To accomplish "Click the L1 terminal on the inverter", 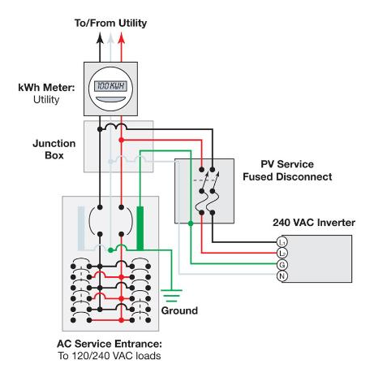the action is [282, 242].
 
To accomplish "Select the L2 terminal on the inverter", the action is [282, 254].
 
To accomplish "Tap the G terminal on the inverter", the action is [282, 265].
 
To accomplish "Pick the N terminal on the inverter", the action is [282, 276].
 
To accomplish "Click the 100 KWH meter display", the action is [110, 86].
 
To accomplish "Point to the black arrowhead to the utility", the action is [100, 37].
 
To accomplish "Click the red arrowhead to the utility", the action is [122, 37].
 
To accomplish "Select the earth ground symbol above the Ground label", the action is [171, 296].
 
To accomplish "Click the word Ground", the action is [179, 310].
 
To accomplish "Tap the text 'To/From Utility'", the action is [110, 23].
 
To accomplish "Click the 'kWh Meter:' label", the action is [46, 88].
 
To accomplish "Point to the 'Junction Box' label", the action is [54, 150].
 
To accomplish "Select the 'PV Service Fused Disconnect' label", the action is [287, 171].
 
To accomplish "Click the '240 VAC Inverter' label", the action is [314, 223].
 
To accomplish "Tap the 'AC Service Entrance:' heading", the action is [110, 344].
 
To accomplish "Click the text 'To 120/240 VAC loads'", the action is [110, 356].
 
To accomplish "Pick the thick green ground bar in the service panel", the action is [140, 228].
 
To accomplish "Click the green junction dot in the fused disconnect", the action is [191, 223].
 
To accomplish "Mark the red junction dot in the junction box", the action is [122, 140].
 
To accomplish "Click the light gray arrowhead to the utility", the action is [110, 37].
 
